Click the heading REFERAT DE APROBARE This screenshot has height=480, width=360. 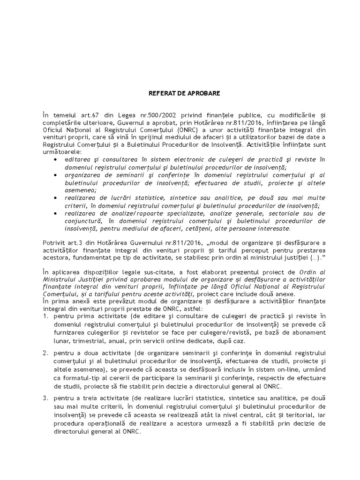click(180, 93)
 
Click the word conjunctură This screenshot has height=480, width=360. click(83, 221)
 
